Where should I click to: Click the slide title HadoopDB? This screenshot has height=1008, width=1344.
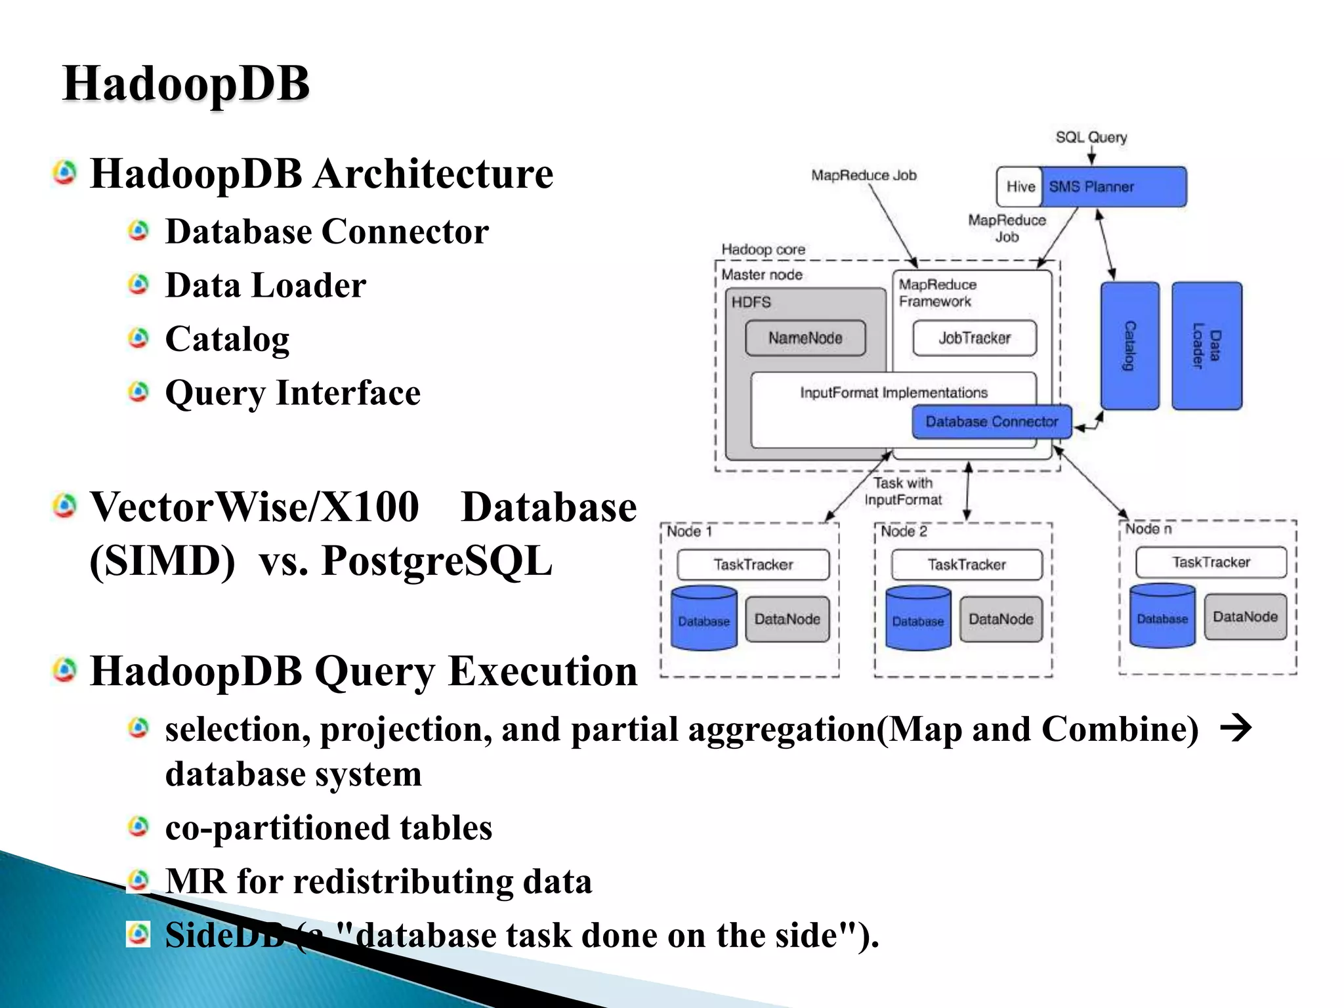point(186,84)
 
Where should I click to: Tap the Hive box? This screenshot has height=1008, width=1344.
point(1020,187)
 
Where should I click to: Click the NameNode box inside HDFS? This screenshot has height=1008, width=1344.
point(805,338)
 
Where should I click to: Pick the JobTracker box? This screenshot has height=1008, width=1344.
point(975,338)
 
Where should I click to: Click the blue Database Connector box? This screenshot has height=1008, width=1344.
point(991,422)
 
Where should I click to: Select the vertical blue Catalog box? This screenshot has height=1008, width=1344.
point(1129,346)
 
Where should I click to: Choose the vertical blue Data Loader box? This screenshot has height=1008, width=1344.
point(1206,346)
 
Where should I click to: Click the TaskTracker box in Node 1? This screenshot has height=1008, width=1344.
point(753,564)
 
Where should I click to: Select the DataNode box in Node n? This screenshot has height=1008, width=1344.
point(1245,617)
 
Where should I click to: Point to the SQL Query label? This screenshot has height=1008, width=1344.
point(1091,137)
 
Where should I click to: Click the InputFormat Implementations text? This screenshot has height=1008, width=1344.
point(893,392)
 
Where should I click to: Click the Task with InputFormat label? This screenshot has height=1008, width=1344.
point(903,492)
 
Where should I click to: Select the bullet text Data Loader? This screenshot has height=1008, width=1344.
point(265,285)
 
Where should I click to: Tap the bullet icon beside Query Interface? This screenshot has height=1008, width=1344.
point(138,392)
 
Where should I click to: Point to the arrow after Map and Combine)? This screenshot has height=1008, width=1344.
point(1236,728)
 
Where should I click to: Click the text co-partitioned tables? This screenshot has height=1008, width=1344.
point(328,828)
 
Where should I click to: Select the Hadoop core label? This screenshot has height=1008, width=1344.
point(763,249)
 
